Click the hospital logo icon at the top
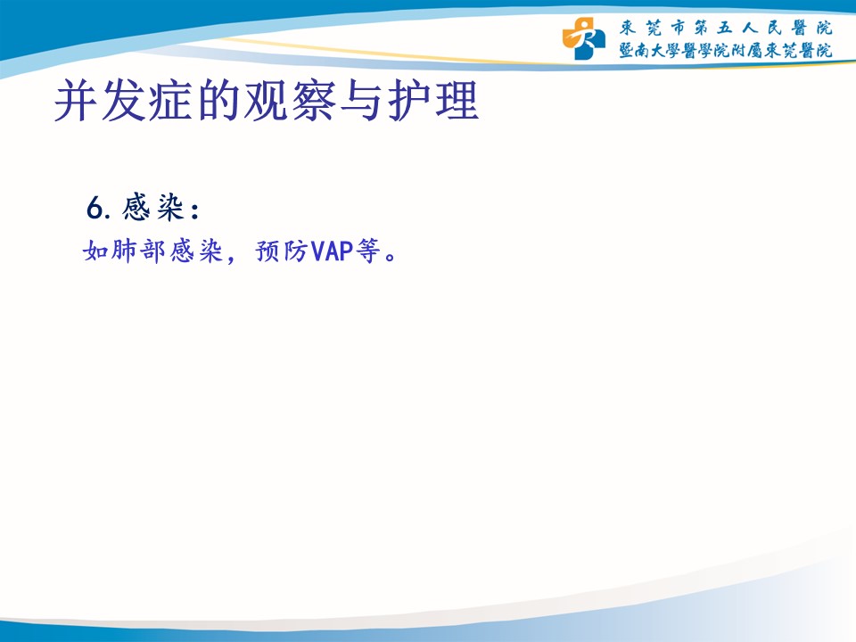[583, 38]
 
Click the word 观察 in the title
[290, 101]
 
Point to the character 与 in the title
[361, 101]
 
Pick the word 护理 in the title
[433, 101]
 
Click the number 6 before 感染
[95, 208]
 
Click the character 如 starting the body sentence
[95, 251]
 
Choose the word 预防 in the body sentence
[282, 251]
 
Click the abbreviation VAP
[332, 251]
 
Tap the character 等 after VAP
[368, 251]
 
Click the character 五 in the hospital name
[724, 28]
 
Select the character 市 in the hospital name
[678, 28]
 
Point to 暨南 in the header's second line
[634, 50]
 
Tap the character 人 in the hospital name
[750, 28]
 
